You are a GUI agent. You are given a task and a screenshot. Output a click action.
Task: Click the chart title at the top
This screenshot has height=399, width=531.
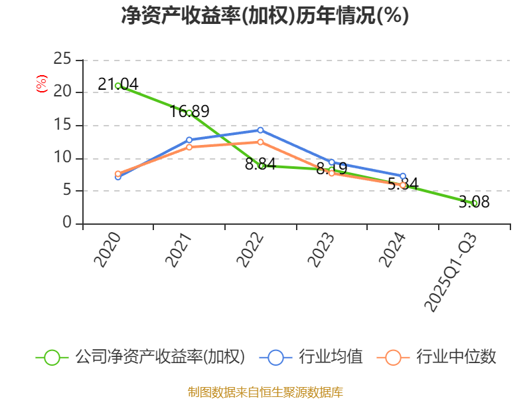pos(265,16)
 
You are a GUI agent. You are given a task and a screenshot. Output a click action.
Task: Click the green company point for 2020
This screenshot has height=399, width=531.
pos(117,86)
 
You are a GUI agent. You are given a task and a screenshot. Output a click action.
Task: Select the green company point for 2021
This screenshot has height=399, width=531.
pos(189,112)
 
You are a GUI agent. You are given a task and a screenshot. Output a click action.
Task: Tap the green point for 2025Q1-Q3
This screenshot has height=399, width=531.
pos(475,203)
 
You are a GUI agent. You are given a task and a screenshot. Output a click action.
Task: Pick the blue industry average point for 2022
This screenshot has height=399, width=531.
pos(260,130)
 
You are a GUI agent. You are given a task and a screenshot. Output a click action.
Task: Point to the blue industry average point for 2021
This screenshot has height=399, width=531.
pos(189,140)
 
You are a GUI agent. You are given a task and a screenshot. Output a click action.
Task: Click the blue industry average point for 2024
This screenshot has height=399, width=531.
pos(403,176)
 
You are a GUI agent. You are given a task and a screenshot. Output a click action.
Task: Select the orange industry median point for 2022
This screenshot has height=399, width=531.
pos(260,142)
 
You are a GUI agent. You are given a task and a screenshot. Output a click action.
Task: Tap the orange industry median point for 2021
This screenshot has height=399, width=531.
pos(189,147)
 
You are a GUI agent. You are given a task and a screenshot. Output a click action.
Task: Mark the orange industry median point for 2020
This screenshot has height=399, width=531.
pos(117,174)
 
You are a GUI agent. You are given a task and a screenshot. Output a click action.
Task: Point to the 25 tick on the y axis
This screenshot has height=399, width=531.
pos(62,60)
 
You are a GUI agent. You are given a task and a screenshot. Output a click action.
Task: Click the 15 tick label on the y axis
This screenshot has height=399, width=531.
pos(62,125)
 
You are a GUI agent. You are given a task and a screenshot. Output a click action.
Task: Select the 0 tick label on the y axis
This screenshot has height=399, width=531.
pos(67,223)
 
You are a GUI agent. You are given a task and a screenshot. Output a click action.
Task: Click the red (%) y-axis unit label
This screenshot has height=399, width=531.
pos(42,84)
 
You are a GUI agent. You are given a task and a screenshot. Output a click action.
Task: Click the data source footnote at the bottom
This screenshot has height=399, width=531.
pos(265,392)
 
